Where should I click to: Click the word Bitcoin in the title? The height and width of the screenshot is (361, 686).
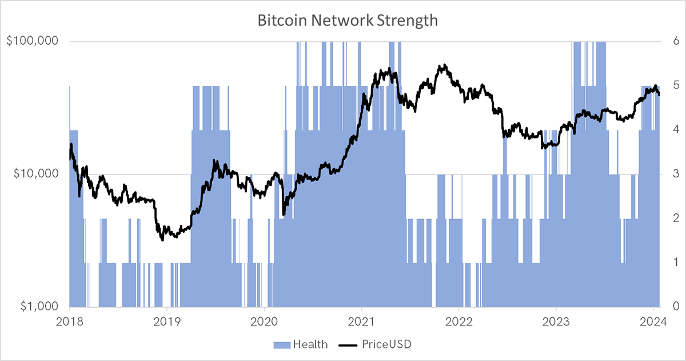282,20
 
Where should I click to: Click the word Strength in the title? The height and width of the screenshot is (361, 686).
407,21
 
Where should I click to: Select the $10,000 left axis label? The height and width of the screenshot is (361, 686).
36,174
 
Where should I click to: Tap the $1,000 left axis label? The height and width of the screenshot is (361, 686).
39,307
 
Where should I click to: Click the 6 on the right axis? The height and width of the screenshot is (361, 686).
676,41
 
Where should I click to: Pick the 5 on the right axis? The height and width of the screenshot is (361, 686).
676,85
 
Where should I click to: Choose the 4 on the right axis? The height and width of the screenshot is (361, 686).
676,129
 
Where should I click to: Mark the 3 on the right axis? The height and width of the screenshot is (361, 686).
676,173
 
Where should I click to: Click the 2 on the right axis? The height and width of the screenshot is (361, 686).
676,218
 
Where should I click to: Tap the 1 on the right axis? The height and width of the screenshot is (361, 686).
676,262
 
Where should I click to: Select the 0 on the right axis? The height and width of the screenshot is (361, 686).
676,306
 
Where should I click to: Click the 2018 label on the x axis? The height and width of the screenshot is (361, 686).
70,322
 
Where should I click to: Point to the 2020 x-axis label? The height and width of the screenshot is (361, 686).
264,322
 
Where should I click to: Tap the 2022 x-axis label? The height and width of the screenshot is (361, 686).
458,322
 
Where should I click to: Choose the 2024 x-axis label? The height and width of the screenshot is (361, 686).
653,322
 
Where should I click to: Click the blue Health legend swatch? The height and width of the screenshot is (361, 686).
282,345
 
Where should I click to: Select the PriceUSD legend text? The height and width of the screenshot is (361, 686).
386,344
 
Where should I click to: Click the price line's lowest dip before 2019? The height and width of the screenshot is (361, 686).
162,240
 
